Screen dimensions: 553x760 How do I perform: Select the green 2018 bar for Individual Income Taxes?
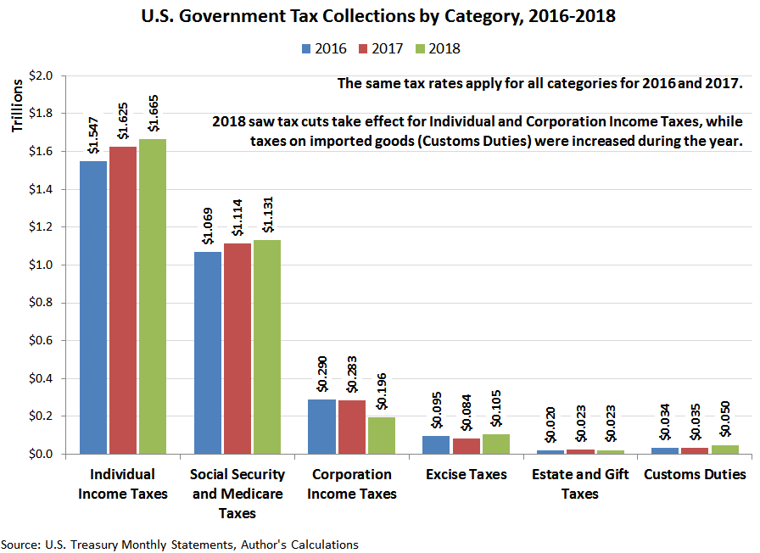coord(153,297)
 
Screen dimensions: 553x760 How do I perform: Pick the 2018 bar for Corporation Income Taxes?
coord(382,436)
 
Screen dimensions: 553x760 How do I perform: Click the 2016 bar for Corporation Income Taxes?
coord(322,427)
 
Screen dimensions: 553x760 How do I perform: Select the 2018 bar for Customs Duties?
coord(725,450)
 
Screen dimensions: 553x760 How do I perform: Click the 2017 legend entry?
coord(379,48)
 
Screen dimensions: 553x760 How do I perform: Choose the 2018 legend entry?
coord(436,48)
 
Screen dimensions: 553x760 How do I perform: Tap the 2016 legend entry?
coord(322,48)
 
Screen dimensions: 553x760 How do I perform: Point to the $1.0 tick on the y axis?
coord(42,265)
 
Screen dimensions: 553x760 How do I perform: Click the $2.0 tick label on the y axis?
coord(42,75)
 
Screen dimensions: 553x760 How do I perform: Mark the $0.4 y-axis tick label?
coord(42,378)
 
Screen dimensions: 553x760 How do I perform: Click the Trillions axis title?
coord(18,106)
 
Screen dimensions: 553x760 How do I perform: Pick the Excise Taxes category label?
coord(467,474)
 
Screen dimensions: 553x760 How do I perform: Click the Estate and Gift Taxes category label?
coord(580,483)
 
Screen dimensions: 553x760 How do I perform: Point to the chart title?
coord(380,15)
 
